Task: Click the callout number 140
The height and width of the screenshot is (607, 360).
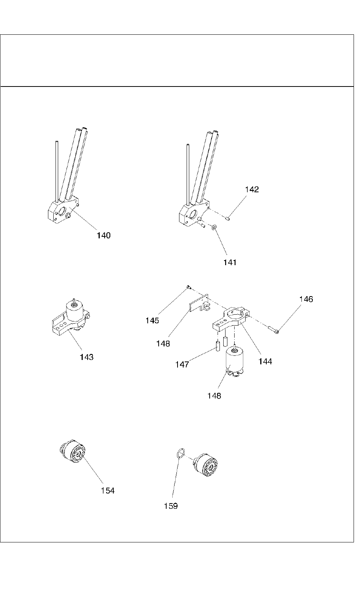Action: [x=104, y=235]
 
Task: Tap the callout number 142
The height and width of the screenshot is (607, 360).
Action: [x=252, y=189]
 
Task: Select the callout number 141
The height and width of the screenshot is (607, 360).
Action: [x=230, y=262]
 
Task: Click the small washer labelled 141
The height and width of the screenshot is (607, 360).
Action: [x=214, y=227]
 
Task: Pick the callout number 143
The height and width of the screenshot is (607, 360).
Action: [x=87, y=357]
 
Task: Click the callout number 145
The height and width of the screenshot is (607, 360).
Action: [x=152, y=320]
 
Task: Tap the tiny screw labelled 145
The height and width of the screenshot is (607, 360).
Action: [x=188, y=288]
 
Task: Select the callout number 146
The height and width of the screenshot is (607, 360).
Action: [x=306, y=299]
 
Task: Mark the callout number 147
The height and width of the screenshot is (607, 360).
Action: [x=182, y=365]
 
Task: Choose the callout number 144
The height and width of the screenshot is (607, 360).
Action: [x=265, y=361]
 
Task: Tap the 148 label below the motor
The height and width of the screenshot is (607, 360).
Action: [x=214, y=396]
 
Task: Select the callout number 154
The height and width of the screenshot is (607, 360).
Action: [x=108, y=490]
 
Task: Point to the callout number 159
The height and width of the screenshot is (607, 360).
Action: [x=171, y=506]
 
